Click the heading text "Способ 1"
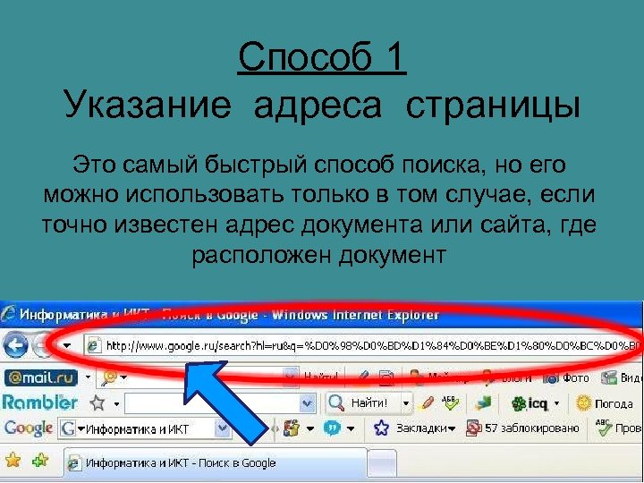(x=322, y=59)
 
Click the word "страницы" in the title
(x=493, y=106)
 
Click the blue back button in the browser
(x=15, y=345)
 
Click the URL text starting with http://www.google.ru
(x=358, y=345)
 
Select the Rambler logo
(x=40, y=402)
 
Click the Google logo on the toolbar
(x=29, y=428)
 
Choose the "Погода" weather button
(x=606, y=402)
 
